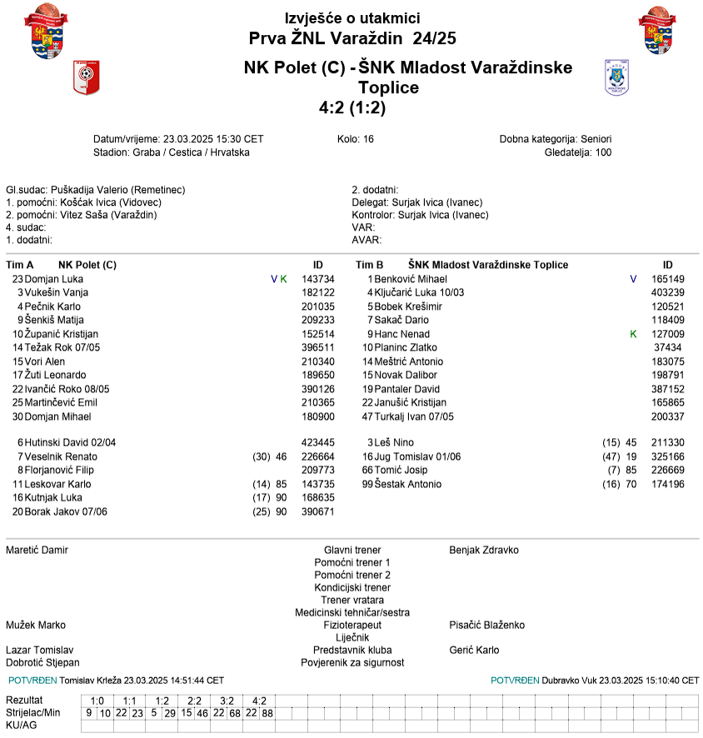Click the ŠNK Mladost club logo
[616, 77]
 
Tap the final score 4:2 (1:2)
[351, 107]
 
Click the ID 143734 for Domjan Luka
[317, 279]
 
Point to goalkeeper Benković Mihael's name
[411, 279]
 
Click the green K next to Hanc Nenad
[632, 333]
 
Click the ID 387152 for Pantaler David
[667, 389]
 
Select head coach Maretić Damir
[37, 551]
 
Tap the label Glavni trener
[352, 551]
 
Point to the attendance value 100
[602, 152]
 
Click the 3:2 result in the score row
[227, 701]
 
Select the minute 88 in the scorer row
[267, 713]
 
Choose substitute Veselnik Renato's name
[62, 456]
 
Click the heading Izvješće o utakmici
[351, 18]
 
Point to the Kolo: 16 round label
[356, 139]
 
